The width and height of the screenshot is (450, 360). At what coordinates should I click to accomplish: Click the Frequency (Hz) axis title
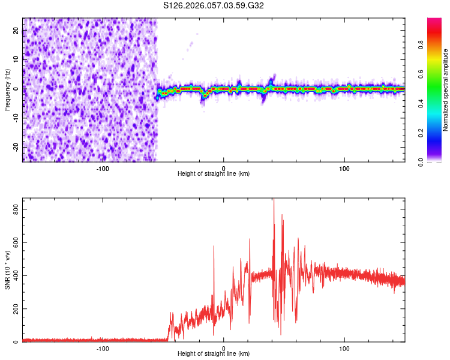coord(7,90)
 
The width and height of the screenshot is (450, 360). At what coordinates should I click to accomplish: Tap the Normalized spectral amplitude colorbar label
coord(446,90)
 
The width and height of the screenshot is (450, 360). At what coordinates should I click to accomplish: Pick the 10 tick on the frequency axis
coord(16,60)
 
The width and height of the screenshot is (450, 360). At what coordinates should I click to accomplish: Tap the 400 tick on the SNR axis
coord(14,276)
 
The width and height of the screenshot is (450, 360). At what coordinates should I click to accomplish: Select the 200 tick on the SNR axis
coord(14,309)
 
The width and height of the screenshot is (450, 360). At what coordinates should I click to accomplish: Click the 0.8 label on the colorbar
coord(421,44)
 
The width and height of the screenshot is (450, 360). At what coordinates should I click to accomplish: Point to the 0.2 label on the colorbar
coord(421,133)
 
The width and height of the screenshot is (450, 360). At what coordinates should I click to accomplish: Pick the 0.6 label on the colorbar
coord(421,74)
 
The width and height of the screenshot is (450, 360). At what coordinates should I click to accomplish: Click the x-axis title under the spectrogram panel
coord(214,173)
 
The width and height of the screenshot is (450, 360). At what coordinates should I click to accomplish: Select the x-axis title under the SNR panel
coord(214,353)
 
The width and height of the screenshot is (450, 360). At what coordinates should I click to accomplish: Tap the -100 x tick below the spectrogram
coord(103,169)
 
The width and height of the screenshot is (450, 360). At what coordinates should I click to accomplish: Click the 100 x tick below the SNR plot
coord(344,349)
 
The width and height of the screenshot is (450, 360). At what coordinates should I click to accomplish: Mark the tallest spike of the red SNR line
coord(274,200)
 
